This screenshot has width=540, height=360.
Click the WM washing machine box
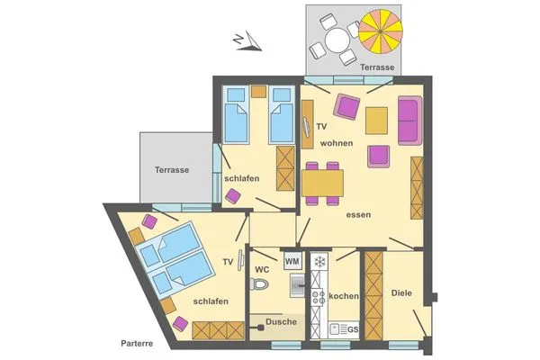pos(292,261)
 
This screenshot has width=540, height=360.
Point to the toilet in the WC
pos(261,285)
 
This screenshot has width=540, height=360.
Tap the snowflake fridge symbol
pos(318,262)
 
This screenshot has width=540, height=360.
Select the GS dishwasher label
pos(353,329)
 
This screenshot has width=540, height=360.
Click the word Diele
pos(400,293)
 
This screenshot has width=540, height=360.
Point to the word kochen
pos(344,296)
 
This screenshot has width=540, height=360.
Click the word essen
pos(358,214)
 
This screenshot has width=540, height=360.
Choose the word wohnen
pos(335,144)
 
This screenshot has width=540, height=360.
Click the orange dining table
pos(322,183)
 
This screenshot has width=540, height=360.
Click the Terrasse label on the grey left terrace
pos(171,170)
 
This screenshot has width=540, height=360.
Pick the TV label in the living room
pos(320,127)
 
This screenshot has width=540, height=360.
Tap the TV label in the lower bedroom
pos(229,262)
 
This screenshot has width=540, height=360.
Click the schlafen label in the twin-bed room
pos(242,178)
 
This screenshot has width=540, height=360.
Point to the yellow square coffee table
pos(377,119)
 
